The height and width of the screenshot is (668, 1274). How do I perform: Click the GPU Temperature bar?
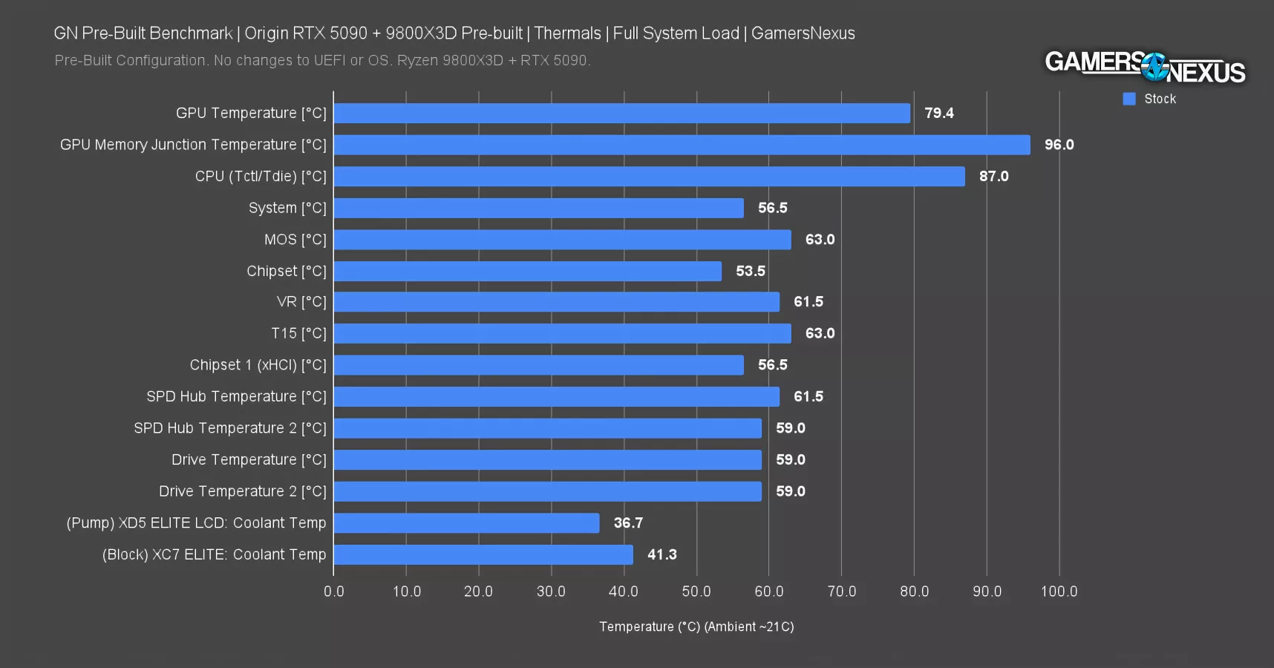[x=622, y=113]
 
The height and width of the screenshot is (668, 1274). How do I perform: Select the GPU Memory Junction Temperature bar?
[x=682, y=145]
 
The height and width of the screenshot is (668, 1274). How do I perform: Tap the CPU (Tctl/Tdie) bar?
[x=650, y=176]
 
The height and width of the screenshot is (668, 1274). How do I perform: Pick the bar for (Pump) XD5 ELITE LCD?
[x=467, y=523]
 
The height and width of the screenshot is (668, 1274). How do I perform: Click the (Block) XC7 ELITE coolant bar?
[x=483, y=554]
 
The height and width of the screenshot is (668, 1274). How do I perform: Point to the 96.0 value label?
[x=1059, y=145]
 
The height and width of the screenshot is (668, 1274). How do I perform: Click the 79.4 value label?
[x=938, y=113]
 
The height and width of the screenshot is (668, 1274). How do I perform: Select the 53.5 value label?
[x=750, y=271]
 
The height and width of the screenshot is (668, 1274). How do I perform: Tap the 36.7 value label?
[x=628, y=523]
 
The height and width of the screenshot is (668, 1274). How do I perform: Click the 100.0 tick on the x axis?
[x=1059, y=592]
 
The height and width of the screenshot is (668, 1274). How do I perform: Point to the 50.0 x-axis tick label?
[x=696, y=592]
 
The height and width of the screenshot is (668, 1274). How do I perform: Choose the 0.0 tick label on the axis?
[x=334, y=592]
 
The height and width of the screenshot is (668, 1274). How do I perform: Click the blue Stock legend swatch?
[x=1129, y=99]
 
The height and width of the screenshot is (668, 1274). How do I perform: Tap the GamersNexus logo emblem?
[x=1154, y=67]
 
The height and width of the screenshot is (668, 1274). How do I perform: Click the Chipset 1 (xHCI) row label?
[x=258, y=365]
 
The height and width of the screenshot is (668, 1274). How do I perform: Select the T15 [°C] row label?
[x=298, y=333]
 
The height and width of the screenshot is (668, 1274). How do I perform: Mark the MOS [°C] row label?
[x=295, y=240]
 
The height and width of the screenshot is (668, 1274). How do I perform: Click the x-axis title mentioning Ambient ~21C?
[x=696, y=626]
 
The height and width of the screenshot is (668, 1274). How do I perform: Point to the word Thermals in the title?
[x=567, y=33]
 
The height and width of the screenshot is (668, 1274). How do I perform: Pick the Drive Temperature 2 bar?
[x=548, y=491]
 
